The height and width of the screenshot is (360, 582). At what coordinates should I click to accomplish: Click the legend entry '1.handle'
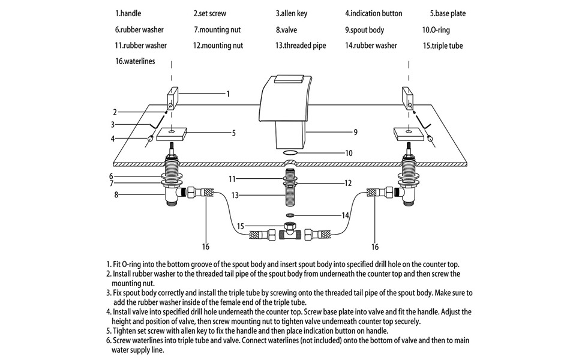128,13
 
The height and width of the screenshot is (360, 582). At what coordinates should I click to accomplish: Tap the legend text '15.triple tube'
442,46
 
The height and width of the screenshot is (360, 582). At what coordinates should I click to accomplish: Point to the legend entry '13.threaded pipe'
301,46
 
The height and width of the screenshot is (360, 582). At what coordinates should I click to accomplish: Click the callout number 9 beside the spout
356,132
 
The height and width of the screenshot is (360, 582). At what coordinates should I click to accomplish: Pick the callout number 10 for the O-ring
349,153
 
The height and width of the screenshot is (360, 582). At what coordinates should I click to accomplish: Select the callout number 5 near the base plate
233,133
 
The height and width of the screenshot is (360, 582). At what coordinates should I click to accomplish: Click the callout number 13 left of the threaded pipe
236,195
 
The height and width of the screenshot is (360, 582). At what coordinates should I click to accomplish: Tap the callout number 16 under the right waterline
376,247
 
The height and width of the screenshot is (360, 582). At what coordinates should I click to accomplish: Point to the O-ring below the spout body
290,153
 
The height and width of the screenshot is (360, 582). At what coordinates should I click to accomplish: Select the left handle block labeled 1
172,98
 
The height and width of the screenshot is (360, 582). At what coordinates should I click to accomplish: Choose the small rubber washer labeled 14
290,214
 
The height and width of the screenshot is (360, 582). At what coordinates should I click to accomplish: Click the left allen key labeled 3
155,122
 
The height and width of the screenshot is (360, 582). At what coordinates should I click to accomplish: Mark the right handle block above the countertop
408,98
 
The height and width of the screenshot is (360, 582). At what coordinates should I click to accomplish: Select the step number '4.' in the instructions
108,312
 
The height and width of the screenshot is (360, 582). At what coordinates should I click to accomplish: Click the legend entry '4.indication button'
373,13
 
